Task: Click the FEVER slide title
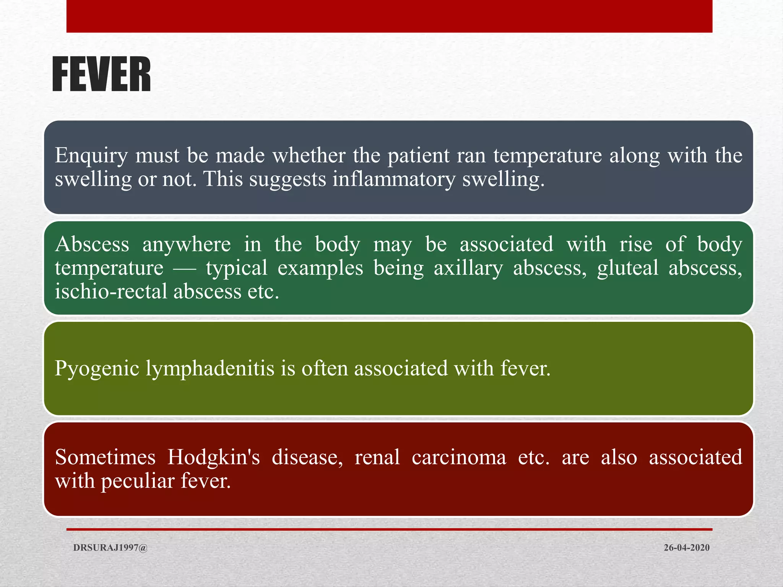(x=101, y=75)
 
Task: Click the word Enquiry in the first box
(x=91, y=156)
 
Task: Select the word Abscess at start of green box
(x=92, y=244)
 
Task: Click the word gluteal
(x=627, y=268)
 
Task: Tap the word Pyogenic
(x=97, y=369)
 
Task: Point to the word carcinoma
(x=459, y=457)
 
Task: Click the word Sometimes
(x=105, y=457)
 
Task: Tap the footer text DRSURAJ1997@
(x=110, y=548)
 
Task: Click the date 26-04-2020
(x=686, y=548)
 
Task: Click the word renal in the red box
(x=377, y=457)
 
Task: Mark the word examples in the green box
(x=320, y=268)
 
